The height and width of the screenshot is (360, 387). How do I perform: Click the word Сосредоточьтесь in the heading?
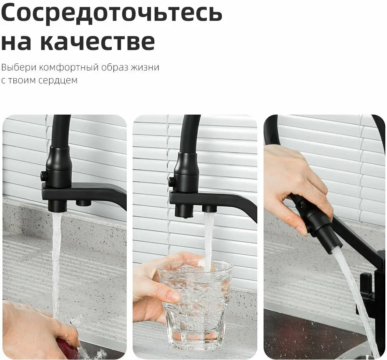point(112,13)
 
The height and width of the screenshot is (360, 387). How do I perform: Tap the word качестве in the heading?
point(98,41)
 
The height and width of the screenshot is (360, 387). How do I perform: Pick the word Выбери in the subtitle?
point(19,67)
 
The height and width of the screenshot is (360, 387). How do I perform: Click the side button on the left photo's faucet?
point(43,176)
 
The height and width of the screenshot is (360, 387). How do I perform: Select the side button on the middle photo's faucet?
point(172,182)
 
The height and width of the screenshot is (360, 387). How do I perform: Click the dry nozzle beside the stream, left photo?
point(83,203)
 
